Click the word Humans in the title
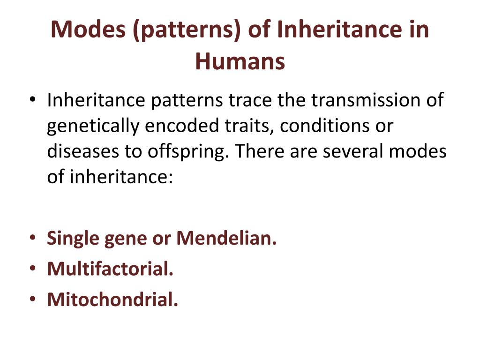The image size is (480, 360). click(240, 61)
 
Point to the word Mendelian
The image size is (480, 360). click(226, 239)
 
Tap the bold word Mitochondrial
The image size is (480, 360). click(112, 300)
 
